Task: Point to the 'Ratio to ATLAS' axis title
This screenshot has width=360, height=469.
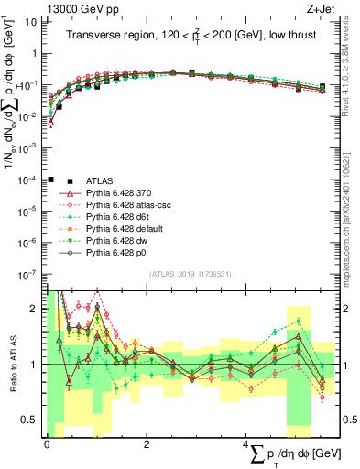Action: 12,365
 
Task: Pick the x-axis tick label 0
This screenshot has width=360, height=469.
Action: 46,444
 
